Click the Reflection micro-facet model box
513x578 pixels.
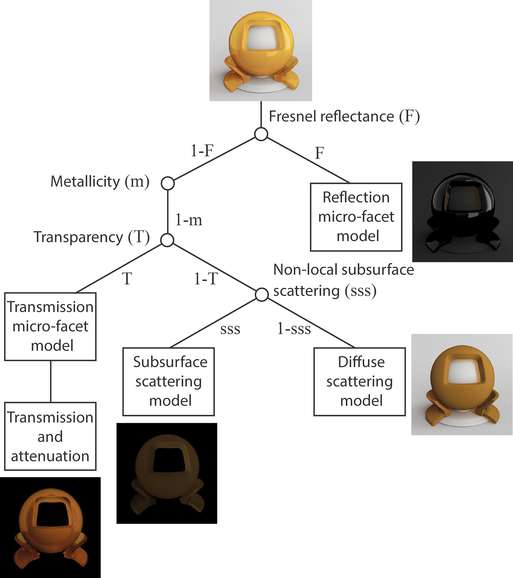356,217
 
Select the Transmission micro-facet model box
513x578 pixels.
50,326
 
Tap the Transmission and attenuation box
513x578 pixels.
50,436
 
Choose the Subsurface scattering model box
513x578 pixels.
168,381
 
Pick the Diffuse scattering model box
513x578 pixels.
359,381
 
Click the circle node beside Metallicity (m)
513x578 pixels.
168,183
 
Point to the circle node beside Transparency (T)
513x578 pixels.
167,240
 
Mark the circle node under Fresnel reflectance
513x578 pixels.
261,134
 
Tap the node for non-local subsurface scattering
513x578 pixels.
262,294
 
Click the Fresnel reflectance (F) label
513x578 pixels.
344,116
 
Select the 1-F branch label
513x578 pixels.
202,151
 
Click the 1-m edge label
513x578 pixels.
189,220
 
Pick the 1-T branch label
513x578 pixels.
206,279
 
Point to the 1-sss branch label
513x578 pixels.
294,329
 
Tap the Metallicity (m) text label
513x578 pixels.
100,181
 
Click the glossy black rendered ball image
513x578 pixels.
463,212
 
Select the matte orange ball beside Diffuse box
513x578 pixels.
462,384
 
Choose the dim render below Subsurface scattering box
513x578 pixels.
167,473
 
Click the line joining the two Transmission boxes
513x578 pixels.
51,381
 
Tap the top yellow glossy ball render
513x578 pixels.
261,50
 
